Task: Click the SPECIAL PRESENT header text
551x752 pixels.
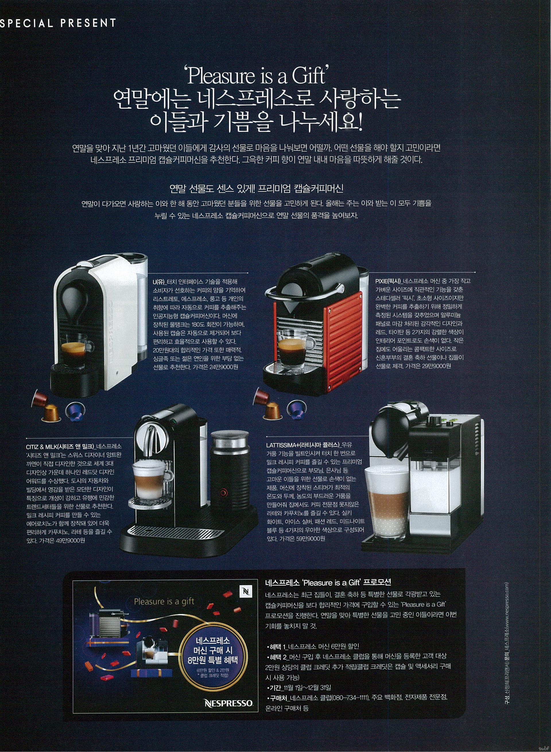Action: click(58, 23)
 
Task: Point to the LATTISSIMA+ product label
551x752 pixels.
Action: click(302, 445)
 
